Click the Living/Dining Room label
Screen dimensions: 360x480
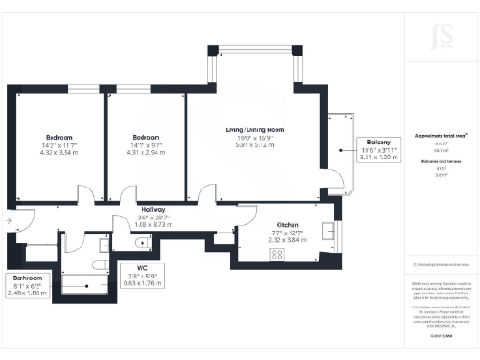click(248, 129)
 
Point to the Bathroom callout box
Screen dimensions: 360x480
click(27, 285)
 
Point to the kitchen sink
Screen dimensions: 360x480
click(328, 231)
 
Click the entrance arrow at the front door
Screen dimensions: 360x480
click(7, 220)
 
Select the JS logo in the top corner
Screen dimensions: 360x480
click(442, 38)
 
